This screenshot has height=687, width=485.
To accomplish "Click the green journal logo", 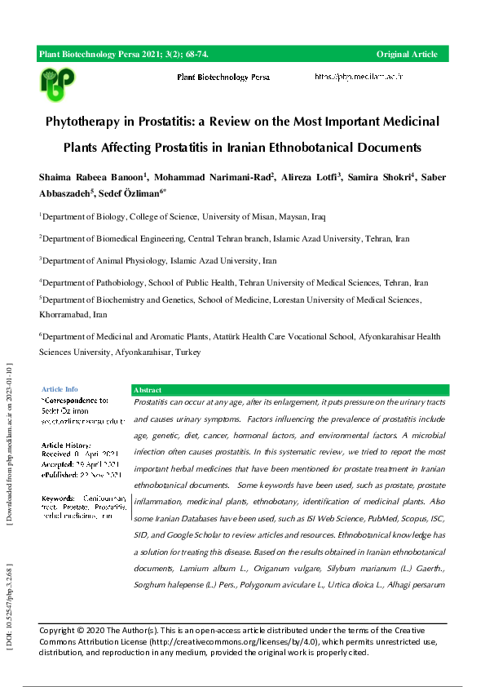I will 57,82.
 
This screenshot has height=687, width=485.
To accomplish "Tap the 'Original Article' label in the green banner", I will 407,55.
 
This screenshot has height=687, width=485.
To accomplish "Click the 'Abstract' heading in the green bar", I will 148,391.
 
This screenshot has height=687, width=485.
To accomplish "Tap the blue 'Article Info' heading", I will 60,390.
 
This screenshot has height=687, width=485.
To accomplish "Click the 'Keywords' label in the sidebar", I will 58,498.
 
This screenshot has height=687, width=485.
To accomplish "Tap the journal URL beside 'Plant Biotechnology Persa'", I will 359,77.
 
